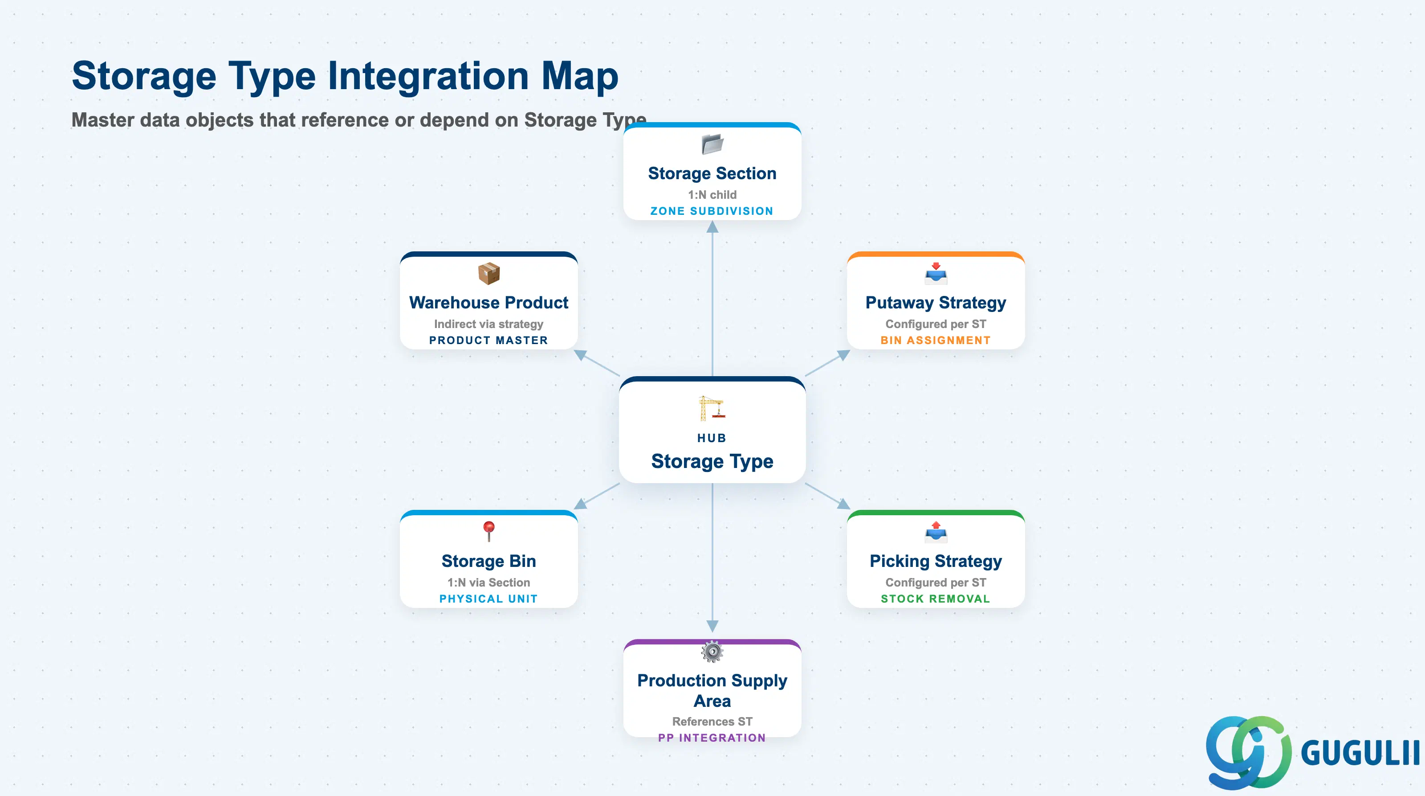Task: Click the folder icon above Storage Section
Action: coord(712,144)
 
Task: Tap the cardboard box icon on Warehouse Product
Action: coord(489,274)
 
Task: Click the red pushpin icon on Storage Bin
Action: coord(489,531)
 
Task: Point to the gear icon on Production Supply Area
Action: coord(712,652)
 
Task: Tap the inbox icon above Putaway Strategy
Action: coord(936,273)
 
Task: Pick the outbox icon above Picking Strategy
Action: coord(936,531)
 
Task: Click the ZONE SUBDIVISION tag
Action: coord(712,211)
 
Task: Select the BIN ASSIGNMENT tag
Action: coord(936,341)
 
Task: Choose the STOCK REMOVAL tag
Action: coord(936,599)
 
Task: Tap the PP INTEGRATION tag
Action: coord(712,738)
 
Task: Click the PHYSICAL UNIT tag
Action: coord(489,599)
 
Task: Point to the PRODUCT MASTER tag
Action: coord(489,341)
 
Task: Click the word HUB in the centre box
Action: coord(712,438)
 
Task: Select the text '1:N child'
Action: coord(712,195)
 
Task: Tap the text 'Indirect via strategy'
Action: coord(489,324)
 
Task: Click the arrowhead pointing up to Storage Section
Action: coord(712,226)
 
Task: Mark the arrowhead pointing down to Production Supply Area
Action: coord(712,626)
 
